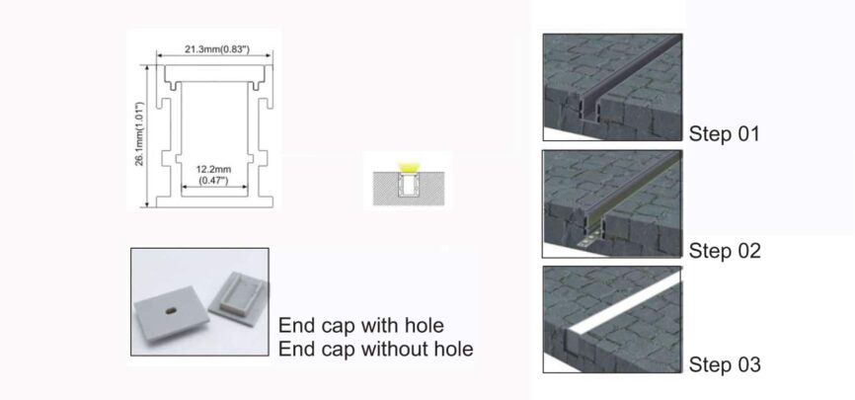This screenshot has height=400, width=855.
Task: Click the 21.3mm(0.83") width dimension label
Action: (x=216, y=47)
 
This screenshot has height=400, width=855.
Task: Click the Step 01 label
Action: (x=725, y=133)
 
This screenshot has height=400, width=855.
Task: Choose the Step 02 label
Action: (x=725, y=250)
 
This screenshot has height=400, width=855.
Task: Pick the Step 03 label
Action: (x=725, y=365)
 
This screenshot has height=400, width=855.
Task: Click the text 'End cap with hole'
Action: (x=361, y=325)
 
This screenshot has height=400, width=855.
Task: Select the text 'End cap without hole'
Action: (x=375, y=349)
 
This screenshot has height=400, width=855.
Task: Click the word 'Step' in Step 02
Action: (x=708, y=250)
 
